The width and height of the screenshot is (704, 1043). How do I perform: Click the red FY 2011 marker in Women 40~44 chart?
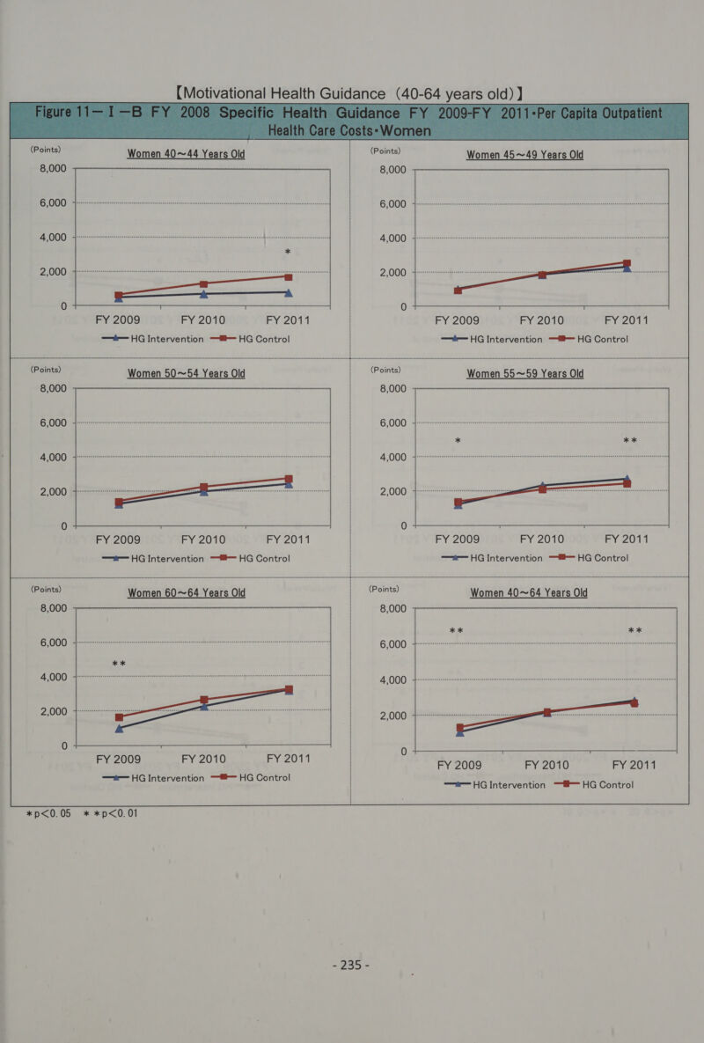[x=289, y=277]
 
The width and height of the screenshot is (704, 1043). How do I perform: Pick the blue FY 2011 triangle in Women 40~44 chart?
[x=289, y=292]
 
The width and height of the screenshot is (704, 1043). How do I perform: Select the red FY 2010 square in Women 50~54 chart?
[x=203, y=488]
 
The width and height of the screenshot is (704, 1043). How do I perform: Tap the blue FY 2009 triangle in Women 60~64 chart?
[x=119, y=727]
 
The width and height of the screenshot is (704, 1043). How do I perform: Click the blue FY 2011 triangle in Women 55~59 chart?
[x=627, y=479]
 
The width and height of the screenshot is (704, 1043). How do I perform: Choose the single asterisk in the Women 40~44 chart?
[x=288, y=253]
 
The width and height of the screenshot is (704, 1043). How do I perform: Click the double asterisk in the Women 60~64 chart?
[x=119, y=663]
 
